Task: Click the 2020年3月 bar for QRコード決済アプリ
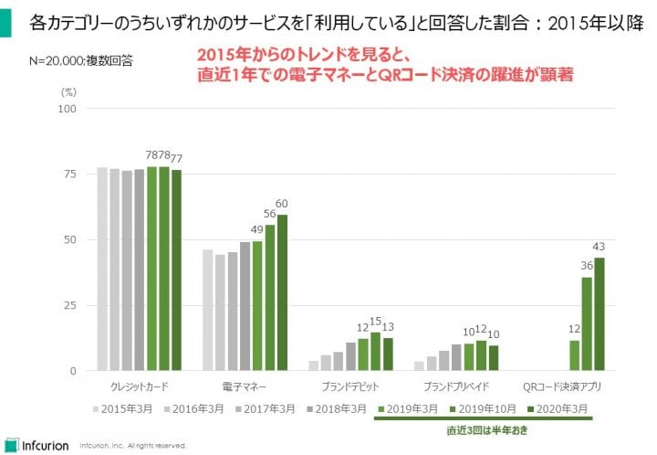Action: point(600,314)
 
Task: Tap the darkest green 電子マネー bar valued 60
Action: point(282,292)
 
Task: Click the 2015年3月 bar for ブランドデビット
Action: point(313,365)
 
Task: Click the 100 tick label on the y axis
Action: point(67,109)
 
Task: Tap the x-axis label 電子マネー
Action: point(243,386)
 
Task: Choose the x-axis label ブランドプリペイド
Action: point(454,386)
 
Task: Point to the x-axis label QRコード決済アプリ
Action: point(559,386)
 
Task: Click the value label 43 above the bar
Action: point(600,248)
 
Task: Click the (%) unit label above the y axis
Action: point(68,91)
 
